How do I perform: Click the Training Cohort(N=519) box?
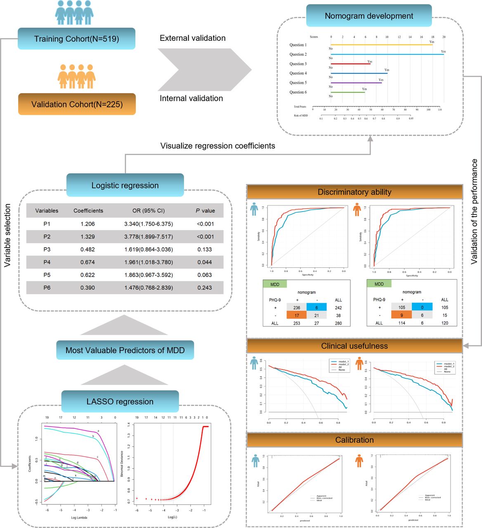click(76, 39)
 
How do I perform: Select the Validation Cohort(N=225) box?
click(77, 104)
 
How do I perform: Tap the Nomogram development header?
click(369, 16)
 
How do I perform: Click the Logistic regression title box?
click(125, 186)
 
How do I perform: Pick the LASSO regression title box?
click(120, 402)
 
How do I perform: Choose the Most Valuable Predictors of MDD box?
click(125, 350)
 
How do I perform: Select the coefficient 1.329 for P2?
click(87, 237)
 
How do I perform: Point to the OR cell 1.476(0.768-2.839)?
click(149, 288)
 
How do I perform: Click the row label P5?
click(47, 275)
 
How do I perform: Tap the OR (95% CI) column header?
click(149, 211)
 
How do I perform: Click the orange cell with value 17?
click(297, 316)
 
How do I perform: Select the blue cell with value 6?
click(317, 308)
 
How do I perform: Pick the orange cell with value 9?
click(402, 315)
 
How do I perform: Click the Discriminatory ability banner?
click(354, 192)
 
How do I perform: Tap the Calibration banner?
click(354, 440)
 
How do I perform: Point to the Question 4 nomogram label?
click(298, 73)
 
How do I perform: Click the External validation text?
click(193, 38)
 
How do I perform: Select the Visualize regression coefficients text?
click(217, 146)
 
